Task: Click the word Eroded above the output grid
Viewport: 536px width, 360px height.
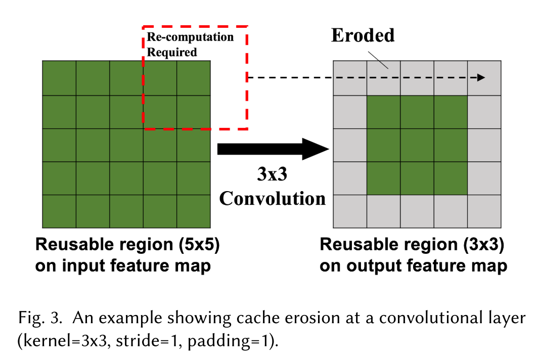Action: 363,35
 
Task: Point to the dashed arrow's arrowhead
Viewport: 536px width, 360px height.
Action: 481,77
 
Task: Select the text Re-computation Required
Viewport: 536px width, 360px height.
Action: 190,44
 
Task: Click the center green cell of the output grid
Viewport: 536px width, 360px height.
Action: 417,145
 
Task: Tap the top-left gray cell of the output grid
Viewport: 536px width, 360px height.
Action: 350,77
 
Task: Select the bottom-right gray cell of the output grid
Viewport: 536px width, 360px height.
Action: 484,211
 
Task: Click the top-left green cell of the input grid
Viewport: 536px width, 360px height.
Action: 59,78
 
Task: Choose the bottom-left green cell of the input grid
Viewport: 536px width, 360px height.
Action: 59,211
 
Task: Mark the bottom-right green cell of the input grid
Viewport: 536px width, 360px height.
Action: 194,211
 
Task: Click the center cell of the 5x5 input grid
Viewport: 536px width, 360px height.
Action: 126,145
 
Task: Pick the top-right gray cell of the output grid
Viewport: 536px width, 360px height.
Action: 484,77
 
